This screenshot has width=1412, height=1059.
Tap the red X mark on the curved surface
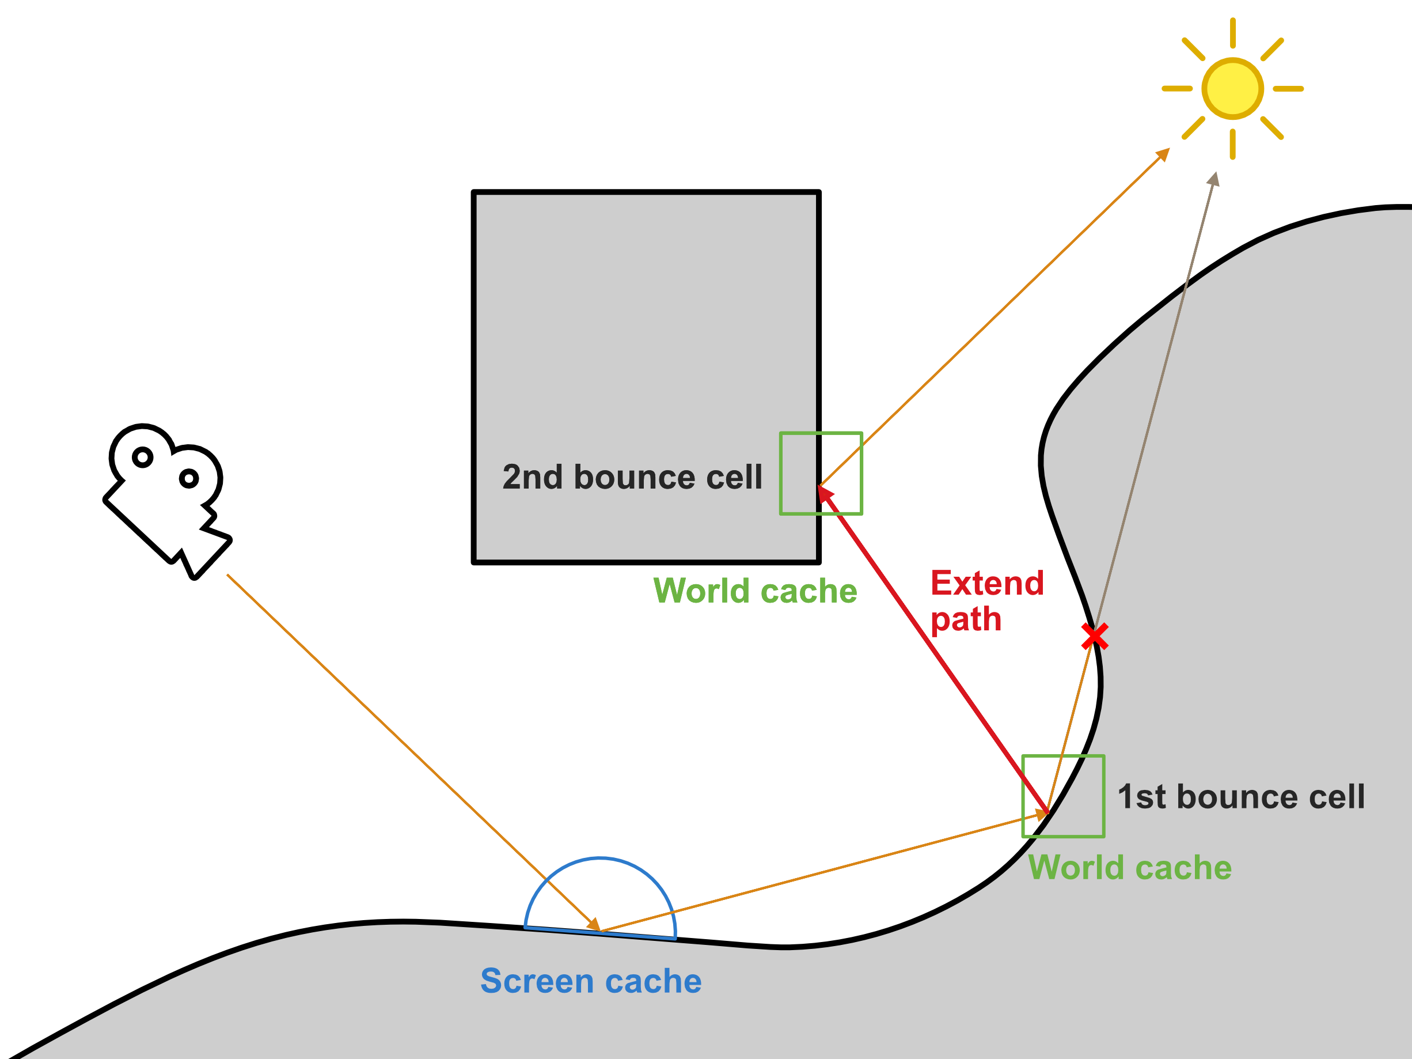pos(1095,637)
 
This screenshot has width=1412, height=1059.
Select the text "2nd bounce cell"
pos(632,477)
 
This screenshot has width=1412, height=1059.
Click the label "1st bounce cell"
pos(1241,796)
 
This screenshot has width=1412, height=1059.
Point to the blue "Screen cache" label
pos(590,981)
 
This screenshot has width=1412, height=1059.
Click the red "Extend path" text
pos(986,601)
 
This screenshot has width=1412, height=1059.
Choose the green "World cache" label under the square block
pos(754,591)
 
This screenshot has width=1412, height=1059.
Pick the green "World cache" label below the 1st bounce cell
pos(1129,867)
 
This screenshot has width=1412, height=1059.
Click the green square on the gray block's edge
pos(821,473)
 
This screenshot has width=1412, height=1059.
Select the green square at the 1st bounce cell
pos(1063,796)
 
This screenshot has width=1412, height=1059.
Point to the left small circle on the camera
pos(142,457)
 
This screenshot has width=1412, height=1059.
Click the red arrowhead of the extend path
pos(825,493)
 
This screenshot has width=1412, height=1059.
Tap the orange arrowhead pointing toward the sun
pos(1163,154)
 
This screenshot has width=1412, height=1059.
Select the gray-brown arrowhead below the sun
pos(1213,180)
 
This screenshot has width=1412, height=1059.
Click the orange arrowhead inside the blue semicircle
pos(594,924)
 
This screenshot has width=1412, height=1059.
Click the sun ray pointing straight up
pos(1233,33)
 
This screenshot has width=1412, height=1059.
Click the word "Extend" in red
pos(987,583)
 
